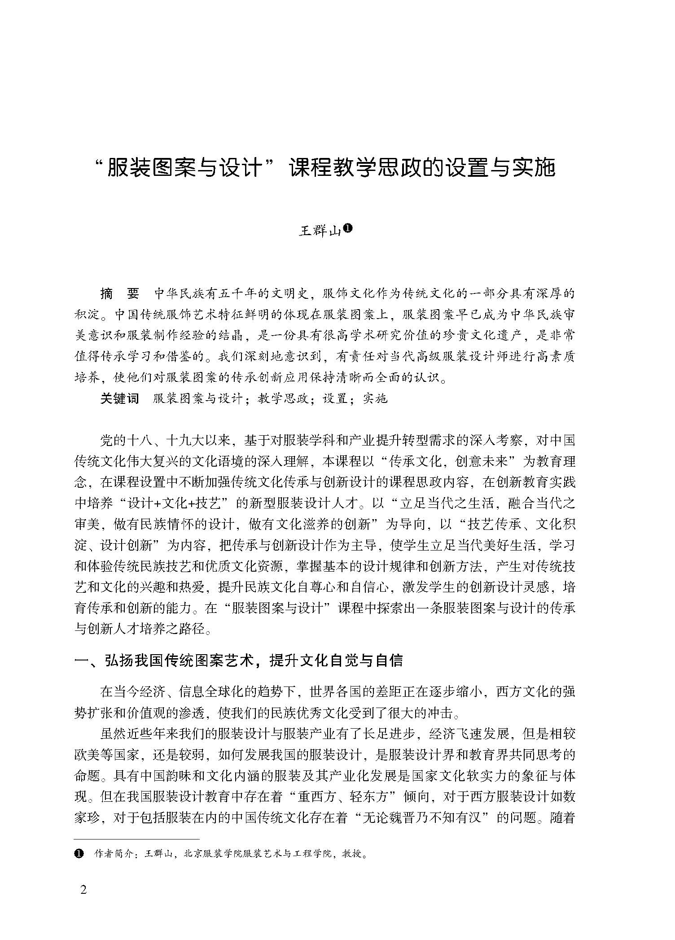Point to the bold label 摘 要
pos(119,294)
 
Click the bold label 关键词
pos(119,398)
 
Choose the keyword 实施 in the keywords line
pos(375,398)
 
